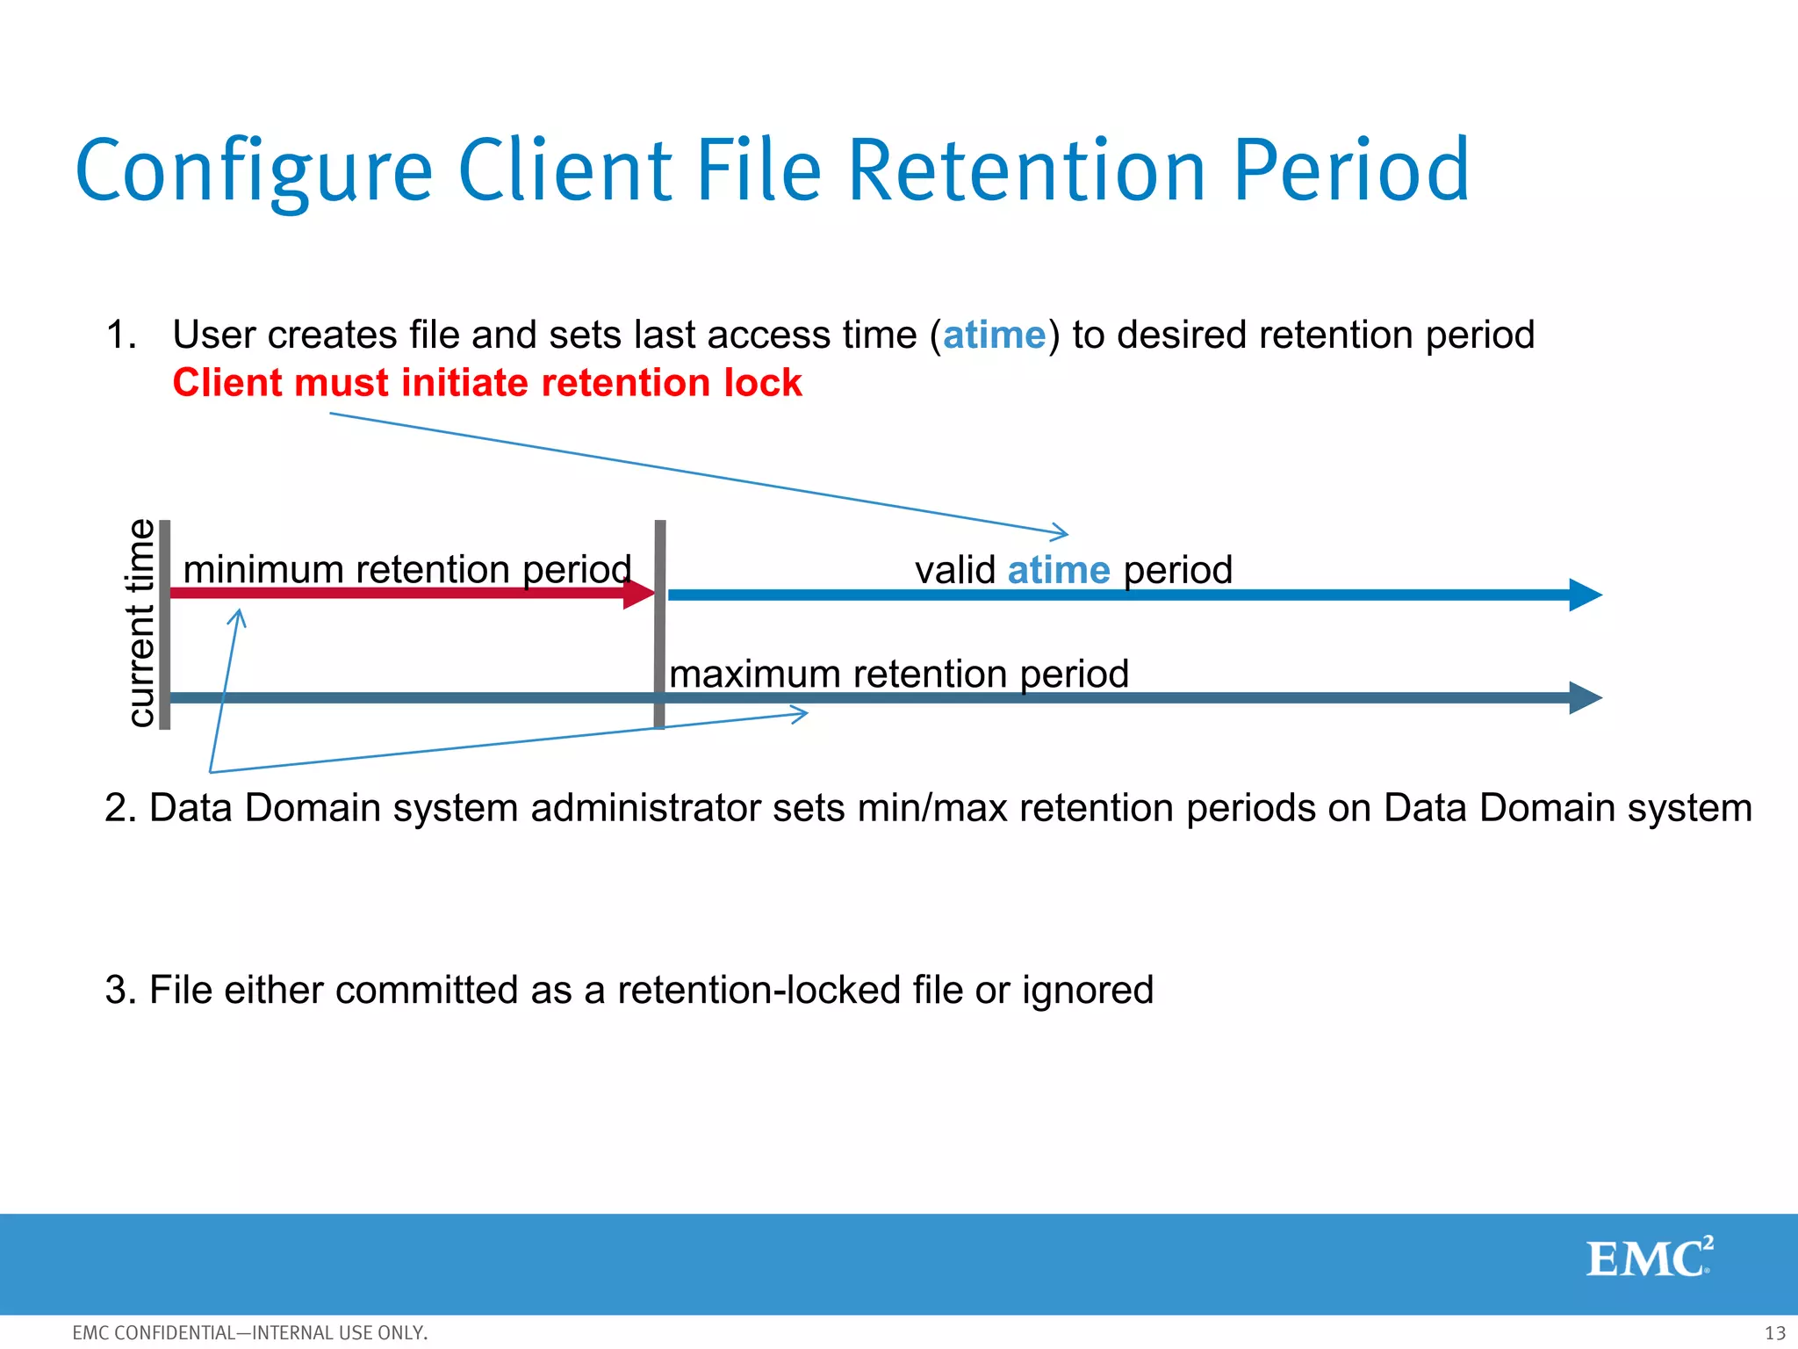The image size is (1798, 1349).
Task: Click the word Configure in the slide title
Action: (x=255, y=171)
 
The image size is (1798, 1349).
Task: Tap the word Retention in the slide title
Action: (x=1027, y=171)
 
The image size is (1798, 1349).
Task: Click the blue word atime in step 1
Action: (x=994, y=335)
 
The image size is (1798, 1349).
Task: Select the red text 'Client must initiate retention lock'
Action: (x=487, y=383)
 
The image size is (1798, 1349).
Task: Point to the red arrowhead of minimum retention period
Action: (x=638, y=594)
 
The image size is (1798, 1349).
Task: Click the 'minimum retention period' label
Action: (x=406, y=569)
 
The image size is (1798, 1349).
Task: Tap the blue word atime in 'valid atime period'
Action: (x=1059, y=571)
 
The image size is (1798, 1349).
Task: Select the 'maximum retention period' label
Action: (x=898, y=674)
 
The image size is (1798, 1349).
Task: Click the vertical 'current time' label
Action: (x=140, y=624)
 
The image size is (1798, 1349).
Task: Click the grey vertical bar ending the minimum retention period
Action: (x=660, y=624)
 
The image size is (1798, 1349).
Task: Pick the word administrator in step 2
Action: (x=645, y=808)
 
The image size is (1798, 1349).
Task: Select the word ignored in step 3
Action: (x=1087, y=991)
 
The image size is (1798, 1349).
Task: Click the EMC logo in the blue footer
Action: (x=1649, y=1258)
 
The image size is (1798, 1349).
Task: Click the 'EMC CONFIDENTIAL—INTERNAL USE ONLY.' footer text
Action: (x=250, y=1333)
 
